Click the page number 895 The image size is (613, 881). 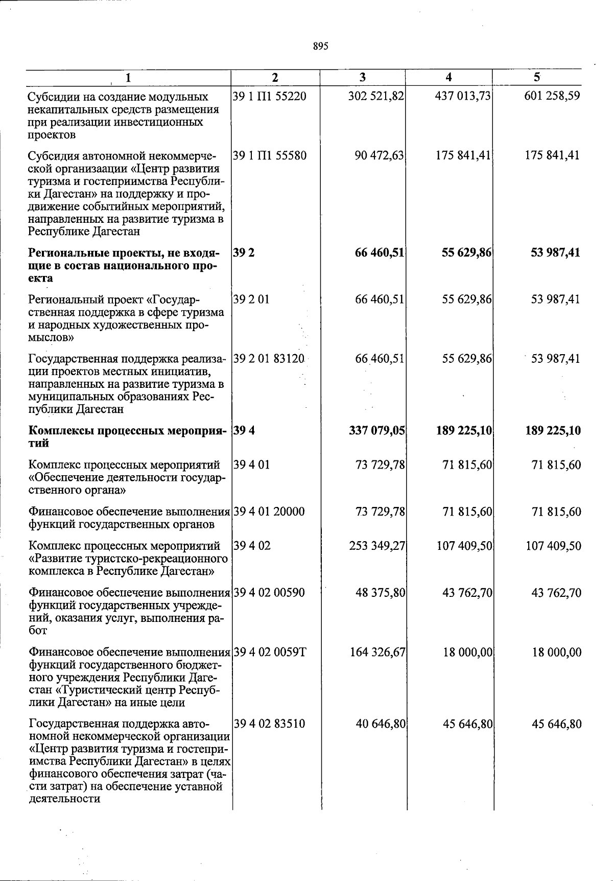pos(320,47)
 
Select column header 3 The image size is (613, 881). pos(362,78)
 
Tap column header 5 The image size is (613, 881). pos(536,78)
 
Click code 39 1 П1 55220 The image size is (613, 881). pos(269,96)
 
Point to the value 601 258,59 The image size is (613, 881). pos(552,96)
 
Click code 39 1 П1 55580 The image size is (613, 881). pos(269,155)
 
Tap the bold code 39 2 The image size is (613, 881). pos(241,252)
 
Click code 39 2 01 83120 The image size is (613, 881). pos(269,359)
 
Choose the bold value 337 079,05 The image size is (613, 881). pos(376,431)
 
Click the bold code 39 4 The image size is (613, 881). pos(244,431)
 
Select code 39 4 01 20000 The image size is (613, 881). pos(269,512)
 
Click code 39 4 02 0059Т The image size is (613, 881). pos(270,653)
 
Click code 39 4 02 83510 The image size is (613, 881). pos(269,724)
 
